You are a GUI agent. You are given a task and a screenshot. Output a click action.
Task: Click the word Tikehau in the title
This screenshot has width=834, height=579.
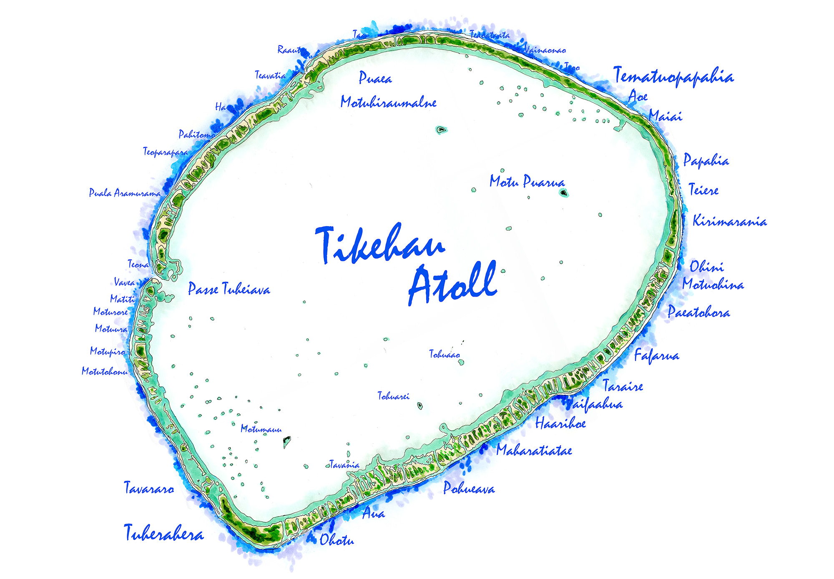(x=379, y=245)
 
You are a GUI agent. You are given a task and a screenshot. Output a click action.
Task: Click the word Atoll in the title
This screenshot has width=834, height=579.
(x=452, y=283)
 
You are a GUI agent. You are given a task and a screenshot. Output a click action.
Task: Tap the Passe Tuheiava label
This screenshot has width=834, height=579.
(x=229, y=289)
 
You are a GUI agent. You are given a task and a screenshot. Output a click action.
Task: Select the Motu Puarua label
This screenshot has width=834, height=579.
(x=527, y=182)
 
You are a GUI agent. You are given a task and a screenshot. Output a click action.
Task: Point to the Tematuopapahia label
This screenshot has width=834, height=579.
(x=673, y=77)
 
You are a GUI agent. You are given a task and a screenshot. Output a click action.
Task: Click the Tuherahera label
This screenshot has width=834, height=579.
(x=164, y=533)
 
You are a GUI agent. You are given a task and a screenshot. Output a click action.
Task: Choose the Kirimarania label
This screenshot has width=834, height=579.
(x=730, y=221)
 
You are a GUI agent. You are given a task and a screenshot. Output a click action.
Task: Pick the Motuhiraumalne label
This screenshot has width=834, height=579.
(x=388, y=102)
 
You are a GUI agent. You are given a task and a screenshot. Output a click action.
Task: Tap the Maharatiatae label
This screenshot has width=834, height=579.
(x=534, y=450)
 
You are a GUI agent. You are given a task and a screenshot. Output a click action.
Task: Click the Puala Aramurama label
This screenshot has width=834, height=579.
(x=125, y=193)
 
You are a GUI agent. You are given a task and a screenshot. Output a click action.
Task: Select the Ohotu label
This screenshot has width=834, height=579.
(x=337, y=540)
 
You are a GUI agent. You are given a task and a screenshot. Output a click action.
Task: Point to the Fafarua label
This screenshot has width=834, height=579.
(x=656, y=355)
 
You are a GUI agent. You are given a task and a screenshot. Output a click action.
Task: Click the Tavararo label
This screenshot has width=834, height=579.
(x=149, y=488)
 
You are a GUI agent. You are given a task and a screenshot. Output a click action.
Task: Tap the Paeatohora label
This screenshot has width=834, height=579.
(x=698, y=312)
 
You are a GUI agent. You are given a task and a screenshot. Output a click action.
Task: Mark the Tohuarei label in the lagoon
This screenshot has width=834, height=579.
(x=393, y=396)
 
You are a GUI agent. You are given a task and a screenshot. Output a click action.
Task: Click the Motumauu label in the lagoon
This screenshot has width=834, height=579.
(x=261, y=429)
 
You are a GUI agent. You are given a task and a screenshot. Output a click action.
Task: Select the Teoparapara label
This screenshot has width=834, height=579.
(x=166, y=152)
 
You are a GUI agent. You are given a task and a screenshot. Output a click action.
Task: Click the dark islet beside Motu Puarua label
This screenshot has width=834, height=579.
(x=564, y=193)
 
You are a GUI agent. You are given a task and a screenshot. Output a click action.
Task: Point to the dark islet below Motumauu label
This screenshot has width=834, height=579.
(x=287, y=440)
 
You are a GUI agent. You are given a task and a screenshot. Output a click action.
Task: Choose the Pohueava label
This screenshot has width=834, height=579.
(x=469, y=488)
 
